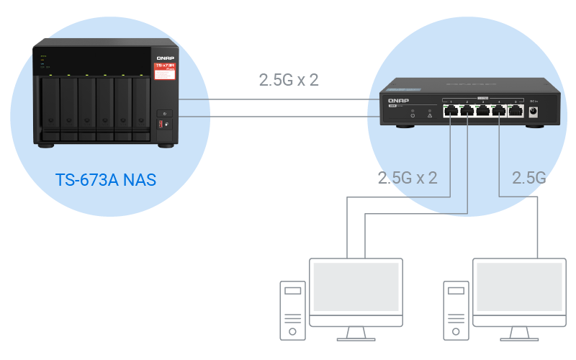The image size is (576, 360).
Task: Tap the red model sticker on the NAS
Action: (165, 70)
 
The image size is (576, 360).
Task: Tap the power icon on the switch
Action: (413, 114)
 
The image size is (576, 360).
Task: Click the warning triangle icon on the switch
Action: (429, 114)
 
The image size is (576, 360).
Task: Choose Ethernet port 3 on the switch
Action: (482, 110)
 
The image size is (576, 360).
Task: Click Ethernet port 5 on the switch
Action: (515, 110)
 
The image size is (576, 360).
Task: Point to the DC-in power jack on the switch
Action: (535, 111)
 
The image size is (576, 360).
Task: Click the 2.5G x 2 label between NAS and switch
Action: (289, 80)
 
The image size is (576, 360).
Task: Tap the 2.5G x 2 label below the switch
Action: (408, 178)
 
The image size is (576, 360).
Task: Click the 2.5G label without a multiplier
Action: (528, 178)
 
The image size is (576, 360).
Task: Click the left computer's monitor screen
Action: (356, 287)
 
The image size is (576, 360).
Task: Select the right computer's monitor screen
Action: (518, 287)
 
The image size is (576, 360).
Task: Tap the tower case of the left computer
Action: (292, 310)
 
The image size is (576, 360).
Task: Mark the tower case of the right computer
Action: (455, 310)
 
